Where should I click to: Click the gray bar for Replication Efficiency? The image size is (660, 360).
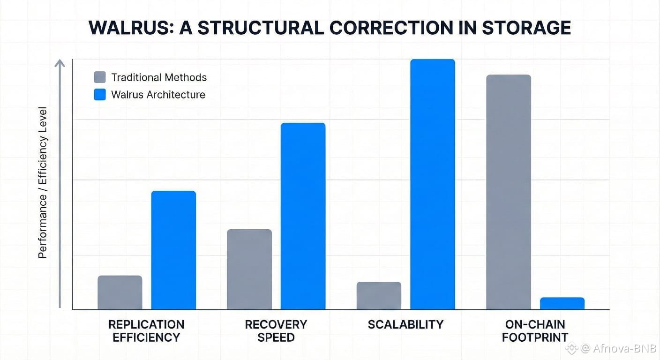point(120,292)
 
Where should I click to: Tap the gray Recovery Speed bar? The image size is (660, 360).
point(249,270)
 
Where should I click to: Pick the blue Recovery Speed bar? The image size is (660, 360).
point(303,216)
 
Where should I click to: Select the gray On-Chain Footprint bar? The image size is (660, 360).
point(509,192)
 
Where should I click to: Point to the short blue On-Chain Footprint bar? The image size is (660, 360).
point(562,303)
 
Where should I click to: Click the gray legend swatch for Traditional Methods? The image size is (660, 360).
point(100,77)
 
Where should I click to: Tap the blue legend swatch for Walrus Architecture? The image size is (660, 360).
point(100,95)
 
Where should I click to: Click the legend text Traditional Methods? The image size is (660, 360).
point(159,77)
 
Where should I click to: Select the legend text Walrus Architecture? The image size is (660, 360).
point(158,95)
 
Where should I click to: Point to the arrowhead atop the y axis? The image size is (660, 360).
point(60,63)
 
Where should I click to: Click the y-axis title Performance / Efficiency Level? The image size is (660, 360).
point(43,183)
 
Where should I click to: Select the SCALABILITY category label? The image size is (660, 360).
point(405,324)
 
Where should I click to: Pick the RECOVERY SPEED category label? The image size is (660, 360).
point(276,330)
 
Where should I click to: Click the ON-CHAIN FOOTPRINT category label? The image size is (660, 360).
point(535,330)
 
